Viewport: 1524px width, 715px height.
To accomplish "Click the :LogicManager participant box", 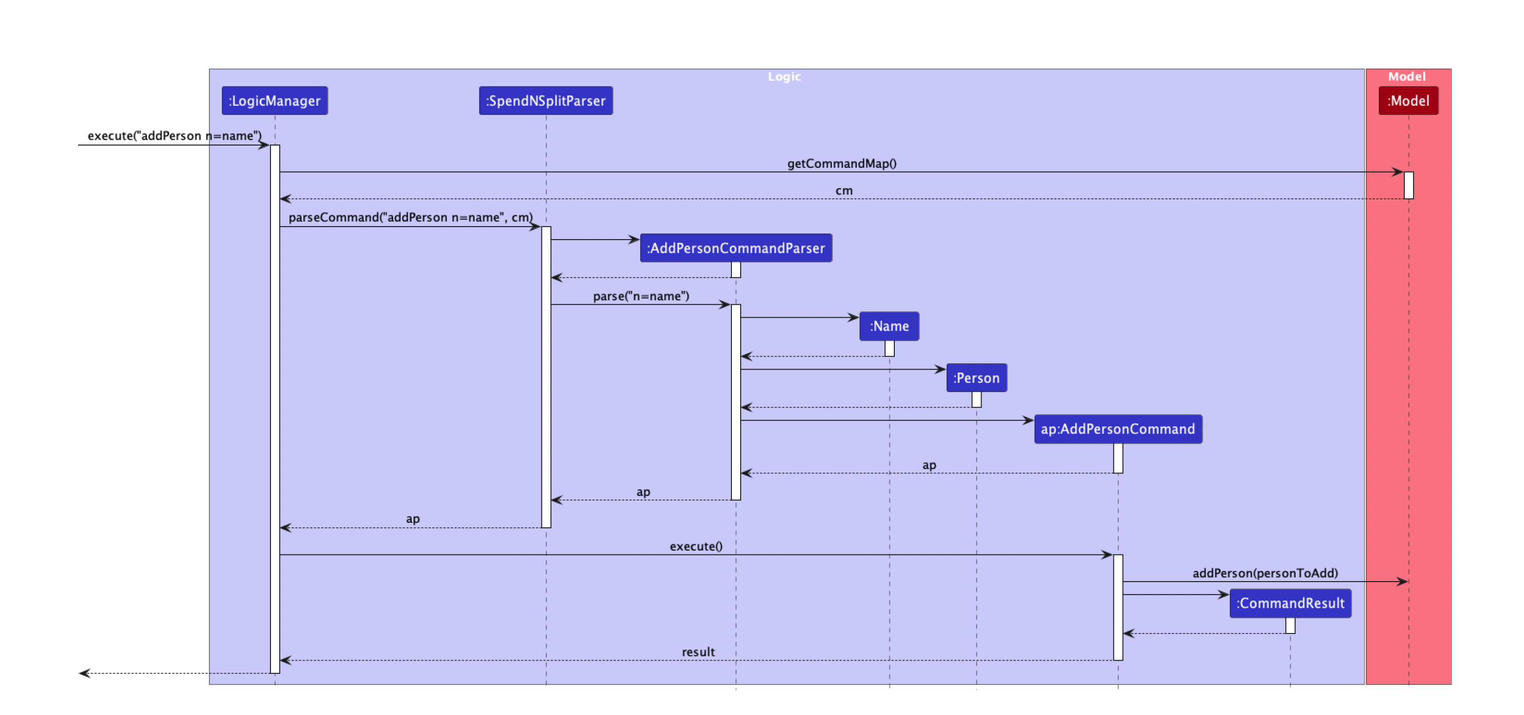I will pyautogui.click(x=274, y=100).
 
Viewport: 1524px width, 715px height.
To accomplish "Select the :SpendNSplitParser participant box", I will pyautogui.click(x=545, y=100).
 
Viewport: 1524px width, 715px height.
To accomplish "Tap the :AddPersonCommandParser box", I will pyautogui.click(x=735, y=248).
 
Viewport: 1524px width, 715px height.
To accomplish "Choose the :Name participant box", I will pyautogui.click(x=889, y=326).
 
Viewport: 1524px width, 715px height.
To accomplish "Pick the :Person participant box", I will pyautogui.click(x=976, y=377).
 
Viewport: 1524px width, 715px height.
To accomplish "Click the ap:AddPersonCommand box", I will pyautogui.click(x=1118, y=429).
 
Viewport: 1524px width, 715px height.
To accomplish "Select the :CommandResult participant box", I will pyautogui.click(x=1290, y=603).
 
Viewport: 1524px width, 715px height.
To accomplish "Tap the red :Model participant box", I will pyautogui.click(x=1408, y=100).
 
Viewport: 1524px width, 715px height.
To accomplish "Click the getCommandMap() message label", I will pyautogui.click(x=841, y=163).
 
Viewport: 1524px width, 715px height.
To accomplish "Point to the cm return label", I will pyautogui.click(x=843, y=191).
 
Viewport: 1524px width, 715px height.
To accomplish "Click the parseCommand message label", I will pyautogui.click(x=411, y=217).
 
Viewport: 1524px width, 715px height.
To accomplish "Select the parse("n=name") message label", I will pyautogui.click(x=641, y=296).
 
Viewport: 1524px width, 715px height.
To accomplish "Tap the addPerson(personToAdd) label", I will pyautogui.click(x=1265, y=573).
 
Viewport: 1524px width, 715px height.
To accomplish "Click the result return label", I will pyautogui.click(x=698, y=651).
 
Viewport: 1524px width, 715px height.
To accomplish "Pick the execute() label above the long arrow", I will pyautogui.click(x=696, y=546).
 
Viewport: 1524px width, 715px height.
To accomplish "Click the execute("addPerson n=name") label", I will pyautogui.click(x=175, y=135).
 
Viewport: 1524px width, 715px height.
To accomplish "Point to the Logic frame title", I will pyautogui.click(x=784, y=76).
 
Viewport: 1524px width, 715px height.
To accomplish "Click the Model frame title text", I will pyautogui.click(x=1407, y=76).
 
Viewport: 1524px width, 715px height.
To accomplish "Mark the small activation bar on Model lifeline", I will pyautogui.click(x=1409, y=185).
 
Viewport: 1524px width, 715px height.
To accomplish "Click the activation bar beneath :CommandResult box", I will pyautogui.click(x=1290, y=626).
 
